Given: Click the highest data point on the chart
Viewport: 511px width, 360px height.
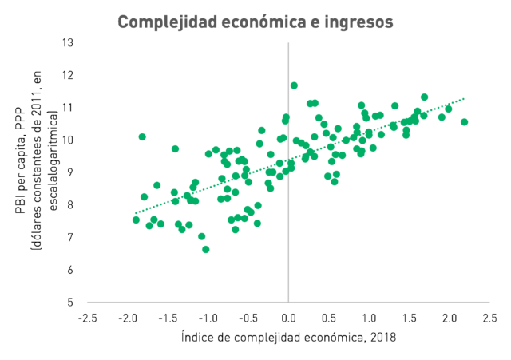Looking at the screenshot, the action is (294, 85).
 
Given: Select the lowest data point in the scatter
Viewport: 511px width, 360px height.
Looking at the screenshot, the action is (206, 250).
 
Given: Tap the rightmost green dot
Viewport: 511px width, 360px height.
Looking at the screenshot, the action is (465, 122).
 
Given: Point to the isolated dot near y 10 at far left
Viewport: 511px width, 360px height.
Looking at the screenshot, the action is (142, 136).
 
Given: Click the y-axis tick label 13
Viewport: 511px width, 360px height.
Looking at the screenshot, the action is (68, 42).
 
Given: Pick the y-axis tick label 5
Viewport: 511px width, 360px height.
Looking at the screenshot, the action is (70, 303).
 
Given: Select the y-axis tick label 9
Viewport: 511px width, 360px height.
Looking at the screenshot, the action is (70, 172).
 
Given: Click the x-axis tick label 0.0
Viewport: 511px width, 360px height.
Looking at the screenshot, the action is (288, 318).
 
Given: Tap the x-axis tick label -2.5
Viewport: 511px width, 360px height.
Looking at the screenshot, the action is (87, 318).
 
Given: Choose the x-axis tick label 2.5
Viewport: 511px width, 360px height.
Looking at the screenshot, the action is (489, 318).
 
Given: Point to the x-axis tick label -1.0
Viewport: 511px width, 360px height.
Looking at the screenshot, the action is (208, 318).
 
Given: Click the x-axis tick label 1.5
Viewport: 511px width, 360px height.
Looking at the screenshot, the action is (409, 318).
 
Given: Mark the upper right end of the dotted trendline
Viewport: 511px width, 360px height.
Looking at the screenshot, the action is (464, 98).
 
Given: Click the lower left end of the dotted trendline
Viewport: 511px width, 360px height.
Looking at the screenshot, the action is (135, 213).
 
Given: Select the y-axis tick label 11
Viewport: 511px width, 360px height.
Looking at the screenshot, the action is (68, 108).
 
